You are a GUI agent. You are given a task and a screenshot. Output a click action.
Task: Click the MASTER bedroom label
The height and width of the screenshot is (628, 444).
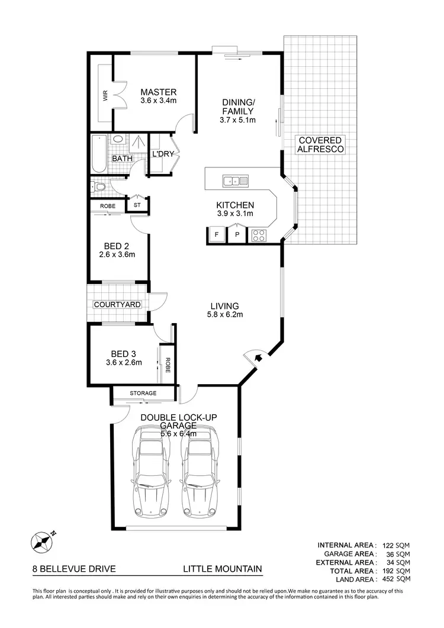[x=158, y=92]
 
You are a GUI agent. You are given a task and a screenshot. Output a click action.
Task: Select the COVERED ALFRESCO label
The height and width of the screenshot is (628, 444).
[x=321, y=145]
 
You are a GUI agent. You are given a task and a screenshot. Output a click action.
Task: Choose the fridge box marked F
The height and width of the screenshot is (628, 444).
[x=216, y=235]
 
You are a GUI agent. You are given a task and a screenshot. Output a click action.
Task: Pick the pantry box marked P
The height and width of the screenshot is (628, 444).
[x=237, y=235]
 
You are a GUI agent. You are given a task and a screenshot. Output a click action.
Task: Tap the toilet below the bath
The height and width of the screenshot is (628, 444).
[x=99, y=188]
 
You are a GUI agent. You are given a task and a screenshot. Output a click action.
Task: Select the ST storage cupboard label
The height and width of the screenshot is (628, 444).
[x=137, y=205]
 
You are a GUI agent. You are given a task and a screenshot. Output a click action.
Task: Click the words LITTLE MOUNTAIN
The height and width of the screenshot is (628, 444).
[x=222, y=569]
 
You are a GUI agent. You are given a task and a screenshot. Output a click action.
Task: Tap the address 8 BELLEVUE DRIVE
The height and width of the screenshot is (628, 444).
[x=74, y=569]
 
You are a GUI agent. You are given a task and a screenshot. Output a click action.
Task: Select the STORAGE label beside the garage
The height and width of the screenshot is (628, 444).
[x=143, y=393]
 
